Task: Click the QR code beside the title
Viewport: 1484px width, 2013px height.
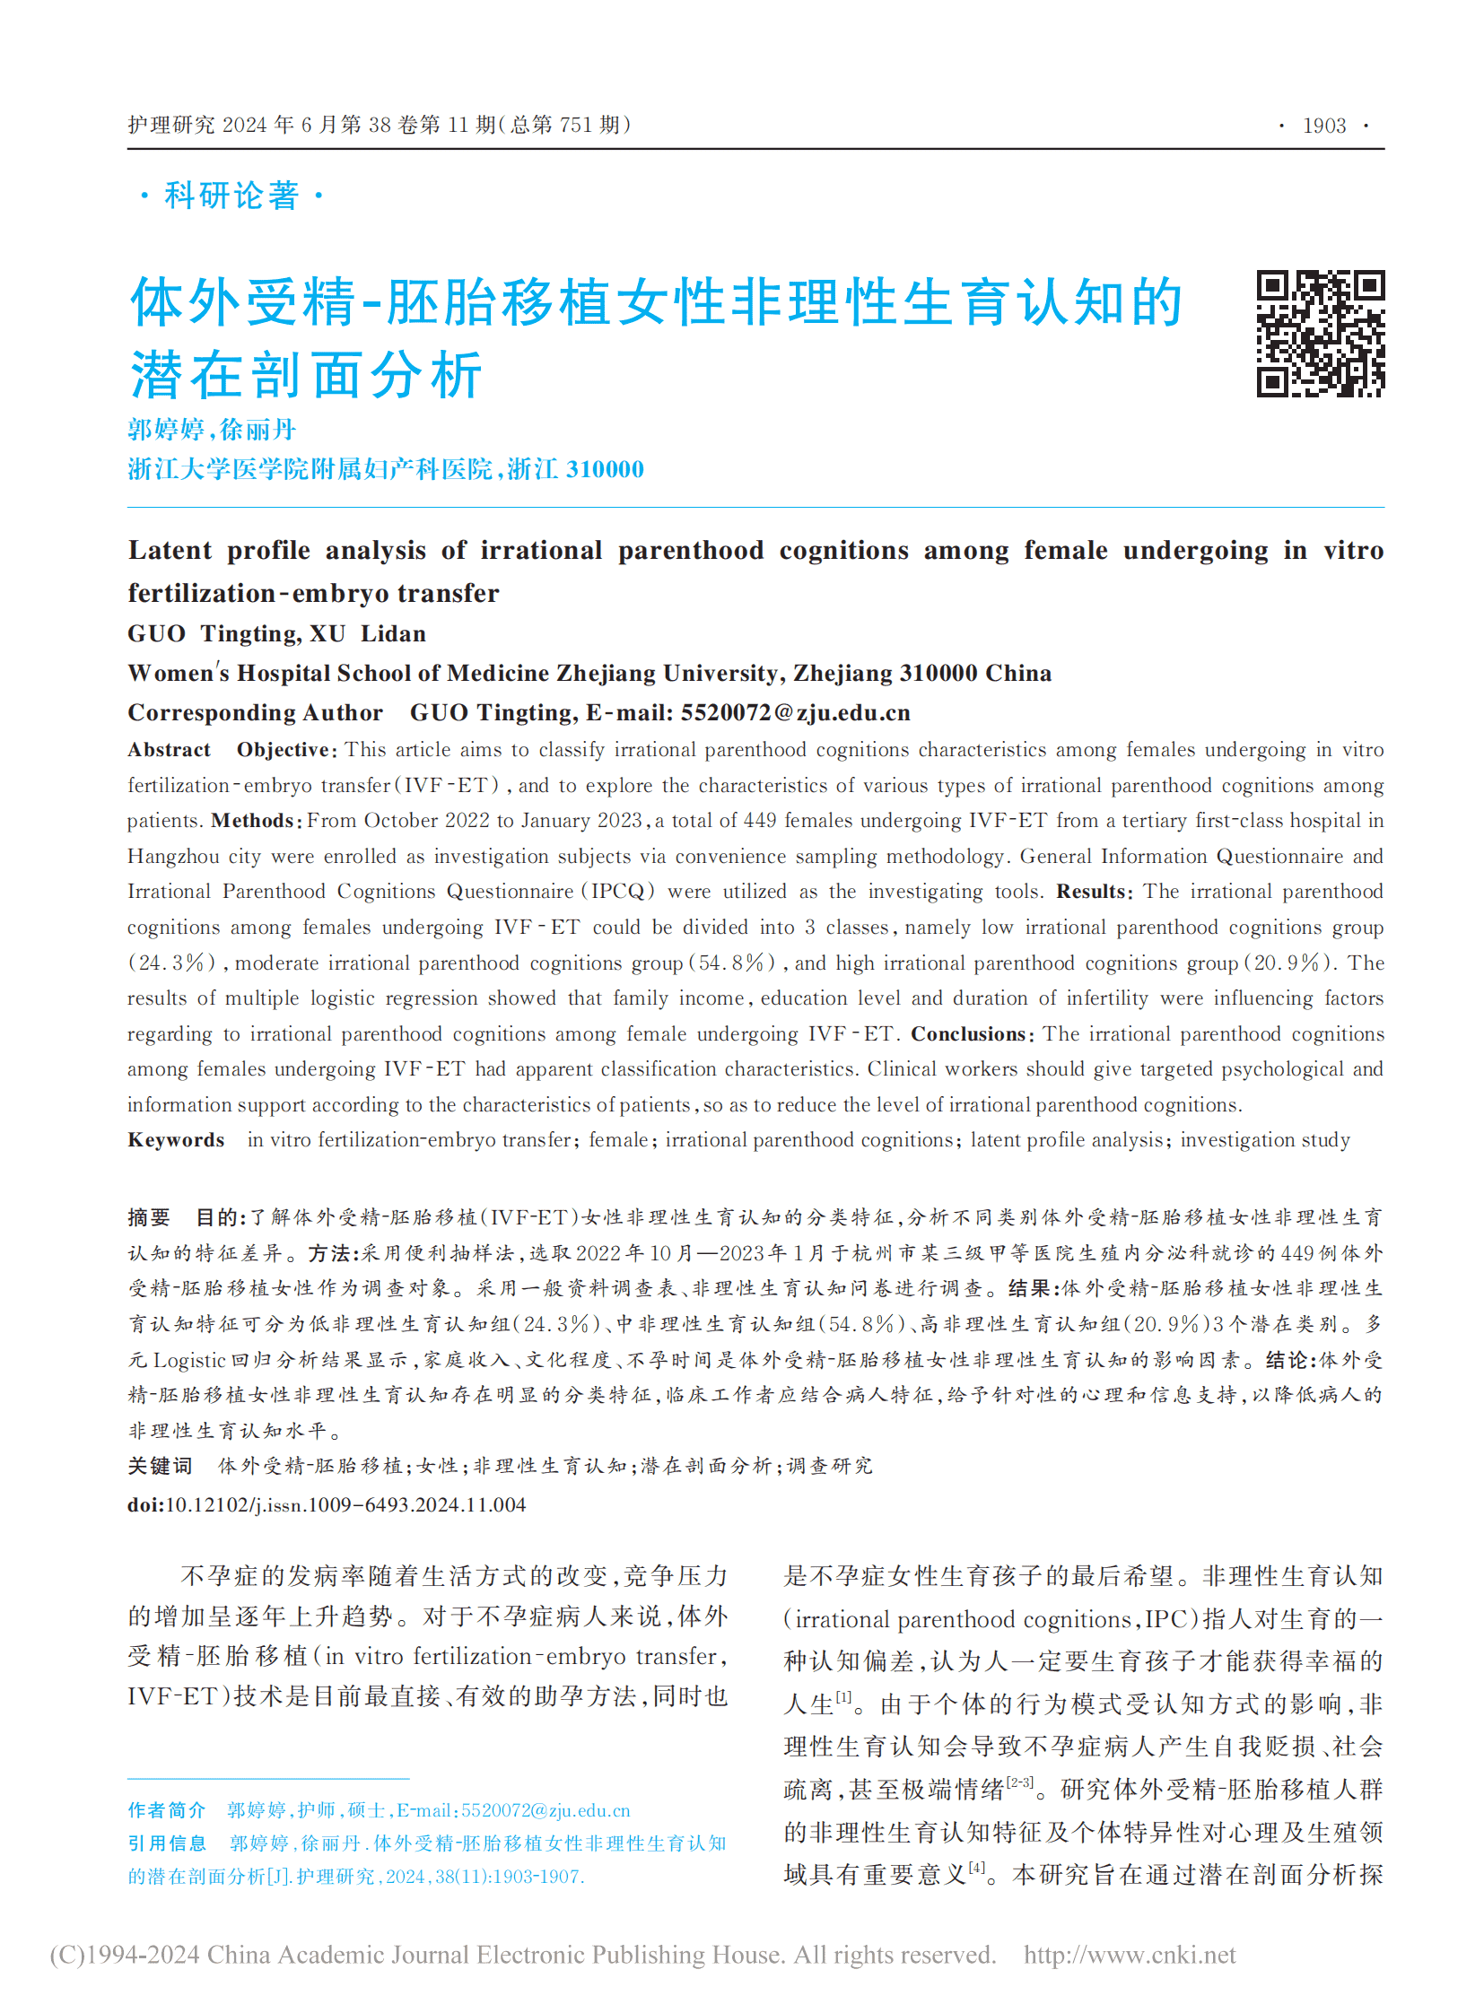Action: click(x=1319, y=333)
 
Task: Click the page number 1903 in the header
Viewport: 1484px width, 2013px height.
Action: click(x=1324, y=126)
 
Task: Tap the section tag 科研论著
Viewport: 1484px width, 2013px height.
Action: click(x=231, y=195)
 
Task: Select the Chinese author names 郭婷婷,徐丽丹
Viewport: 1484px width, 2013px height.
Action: click(x=212, y=430)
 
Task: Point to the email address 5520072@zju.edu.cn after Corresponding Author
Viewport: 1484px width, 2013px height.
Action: click(x=795, y=712)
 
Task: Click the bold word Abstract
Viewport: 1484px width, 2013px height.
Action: click(x=169, y=750)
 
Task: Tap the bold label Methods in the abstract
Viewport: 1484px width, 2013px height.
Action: click(x=251, y=820)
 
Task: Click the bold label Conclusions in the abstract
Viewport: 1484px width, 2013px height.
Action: click(x=967, y=1034)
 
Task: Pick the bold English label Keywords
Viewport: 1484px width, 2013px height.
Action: click(x=176, y=1140)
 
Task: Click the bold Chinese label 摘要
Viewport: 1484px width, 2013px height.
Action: click(x=148, y=1217)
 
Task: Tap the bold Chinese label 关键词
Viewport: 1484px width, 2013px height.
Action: click(x=160, y=1466)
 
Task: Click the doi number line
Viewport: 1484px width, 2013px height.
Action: click(x=326, y=1504)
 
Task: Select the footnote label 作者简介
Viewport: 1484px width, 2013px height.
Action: click(x=166, y=1810)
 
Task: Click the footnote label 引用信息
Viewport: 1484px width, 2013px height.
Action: click(x=166, y=1843)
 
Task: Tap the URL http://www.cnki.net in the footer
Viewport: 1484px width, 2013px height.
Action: click(x=1130, y=1955)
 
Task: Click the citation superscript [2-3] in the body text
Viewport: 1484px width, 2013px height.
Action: click(x=1019, y=1782)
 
